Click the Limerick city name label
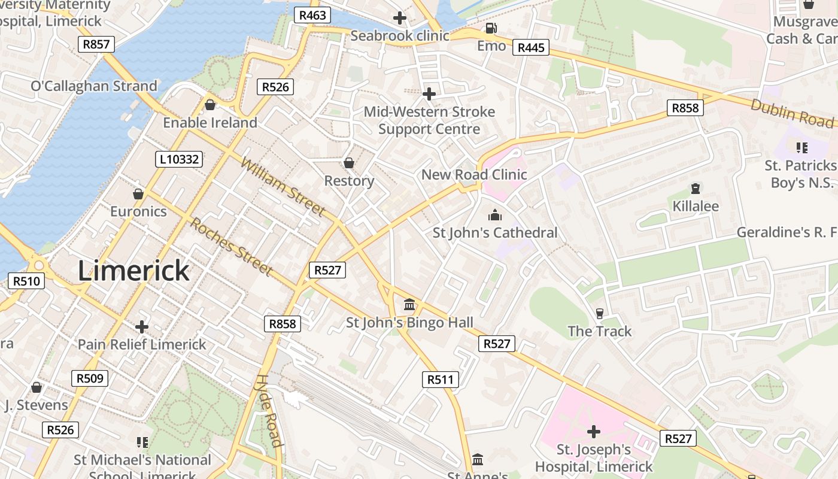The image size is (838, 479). tap(134, 271)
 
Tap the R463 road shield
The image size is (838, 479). tap(312, 15)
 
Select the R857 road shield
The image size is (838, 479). tap(96, 44)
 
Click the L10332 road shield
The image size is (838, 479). tap(178, 159)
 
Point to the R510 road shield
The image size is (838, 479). tap(26, 280)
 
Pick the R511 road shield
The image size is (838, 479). tap(441, 379)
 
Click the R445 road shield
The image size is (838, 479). tap(531, 47)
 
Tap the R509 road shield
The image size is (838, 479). tap(90, 378)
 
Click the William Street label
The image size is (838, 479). tap(283, 186)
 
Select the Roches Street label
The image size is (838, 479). tap(232, 246)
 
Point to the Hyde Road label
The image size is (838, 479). tap(269, 411)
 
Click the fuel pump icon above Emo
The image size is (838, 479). tap(491, 28)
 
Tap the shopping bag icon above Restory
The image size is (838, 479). tap(349, 163)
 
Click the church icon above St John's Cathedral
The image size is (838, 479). tap(495, 215)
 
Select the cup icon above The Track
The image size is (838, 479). tap(600, 313)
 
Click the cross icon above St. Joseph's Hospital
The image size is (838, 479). tap(594, 431)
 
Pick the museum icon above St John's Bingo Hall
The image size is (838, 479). tap(409, 305)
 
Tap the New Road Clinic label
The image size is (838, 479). tap(474, 175)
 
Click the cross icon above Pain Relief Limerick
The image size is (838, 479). tap(142, 327)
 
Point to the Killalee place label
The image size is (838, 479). tap(696, 206)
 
